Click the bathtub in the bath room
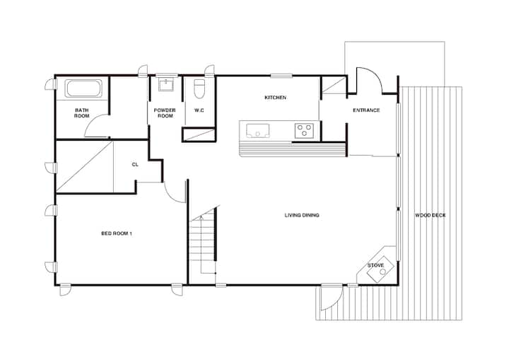[83, 88]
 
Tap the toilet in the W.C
[199, 88]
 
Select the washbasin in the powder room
[166, 84]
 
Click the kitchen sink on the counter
[258, 131]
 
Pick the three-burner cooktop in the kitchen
[304, 131]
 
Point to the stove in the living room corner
[380, 269]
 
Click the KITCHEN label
[275, 98]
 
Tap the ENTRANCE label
[366, 110]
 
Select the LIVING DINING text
[302, 215]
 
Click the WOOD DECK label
[431, 215]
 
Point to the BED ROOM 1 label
[117, 233]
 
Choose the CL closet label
[135, 165]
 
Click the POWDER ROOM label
[165, 113]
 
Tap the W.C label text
[199, 110]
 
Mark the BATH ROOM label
[82, 113]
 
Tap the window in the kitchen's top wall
[281, 76]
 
